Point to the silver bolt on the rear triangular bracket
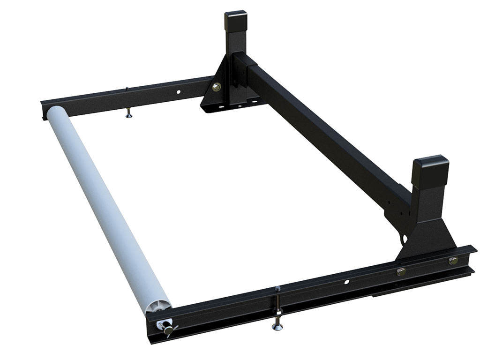(x=216, y=87)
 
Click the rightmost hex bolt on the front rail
(x=452, y=261)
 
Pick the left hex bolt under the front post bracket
(x=401, y=271)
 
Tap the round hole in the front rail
(x=346, y=282)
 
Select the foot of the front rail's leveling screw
(x=277, y=326)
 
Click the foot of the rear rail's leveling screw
(x=129, y=116)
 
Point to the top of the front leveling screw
(x=277, y=289)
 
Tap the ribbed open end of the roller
(x=157, y=307)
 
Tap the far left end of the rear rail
(x=44, y=103)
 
